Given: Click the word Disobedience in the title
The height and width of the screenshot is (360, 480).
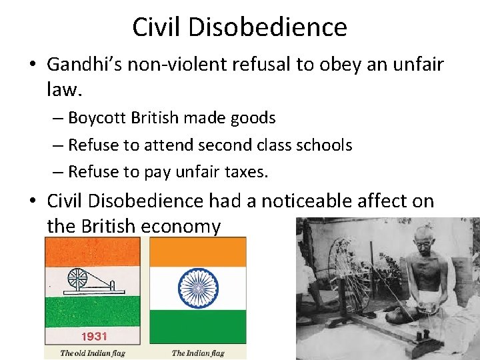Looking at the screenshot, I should [280, 27].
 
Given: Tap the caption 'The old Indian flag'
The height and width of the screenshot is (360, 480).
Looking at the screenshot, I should [91, 353].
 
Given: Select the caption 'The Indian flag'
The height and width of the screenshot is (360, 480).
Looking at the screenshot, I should [198, 353].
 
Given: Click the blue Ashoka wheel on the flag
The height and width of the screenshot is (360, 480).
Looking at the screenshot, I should [198, 288].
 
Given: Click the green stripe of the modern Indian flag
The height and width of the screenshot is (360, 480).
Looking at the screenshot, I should [198, 327].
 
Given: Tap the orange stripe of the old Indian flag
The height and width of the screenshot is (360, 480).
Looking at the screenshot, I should [91, 251].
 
